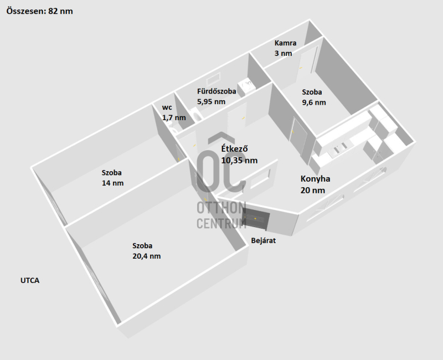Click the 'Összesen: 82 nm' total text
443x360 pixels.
click(39, 11)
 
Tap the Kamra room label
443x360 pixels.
click(286, 43)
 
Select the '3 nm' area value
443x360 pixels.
click(283, 54)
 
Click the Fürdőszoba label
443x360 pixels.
click(217, 91)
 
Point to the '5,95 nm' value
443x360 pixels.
click(211, 102)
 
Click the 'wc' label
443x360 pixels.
click(167, 107)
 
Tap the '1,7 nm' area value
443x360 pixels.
click(173, 118)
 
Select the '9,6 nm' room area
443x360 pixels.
click(313, 102)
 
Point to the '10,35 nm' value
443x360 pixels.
click(239, 161)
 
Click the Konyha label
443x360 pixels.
click(315, 179)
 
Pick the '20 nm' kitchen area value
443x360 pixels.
click(312, 190)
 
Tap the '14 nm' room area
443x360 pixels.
click(112, 183)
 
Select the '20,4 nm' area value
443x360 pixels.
click(146, 256)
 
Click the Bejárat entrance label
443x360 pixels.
click(263, 241)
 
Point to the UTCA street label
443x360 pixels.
click(29, 281)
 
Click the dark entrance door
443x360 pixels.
click(256, 220)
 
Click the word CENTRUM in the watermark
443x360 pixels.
click(221, 223)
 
